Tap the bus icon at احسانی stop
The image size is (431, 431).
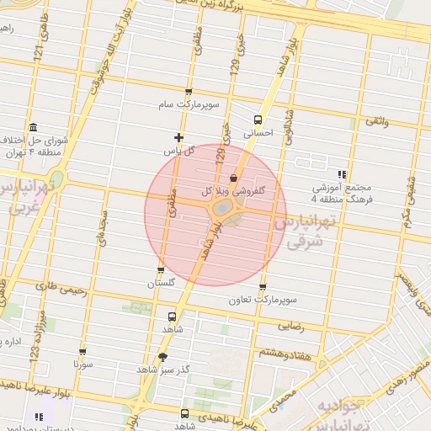click(258, 119)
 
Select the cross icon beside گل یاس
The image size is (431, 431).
click(178, 137)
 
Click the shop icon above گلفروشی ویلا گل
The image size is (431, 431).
click(233, 178)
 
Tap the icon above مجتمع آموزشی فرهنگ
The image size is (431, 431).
click(341, 173)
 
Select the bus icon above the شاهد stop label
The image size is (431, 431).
click(173, 317)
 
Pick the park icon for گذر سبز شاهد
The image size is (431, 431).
click(162, 356)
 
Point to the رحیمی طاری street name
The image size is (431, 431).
click(56, 286)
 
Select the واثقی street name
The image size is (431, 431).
click(376, 123)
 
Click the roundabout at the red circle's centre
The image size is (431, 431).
click(221, 207)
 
